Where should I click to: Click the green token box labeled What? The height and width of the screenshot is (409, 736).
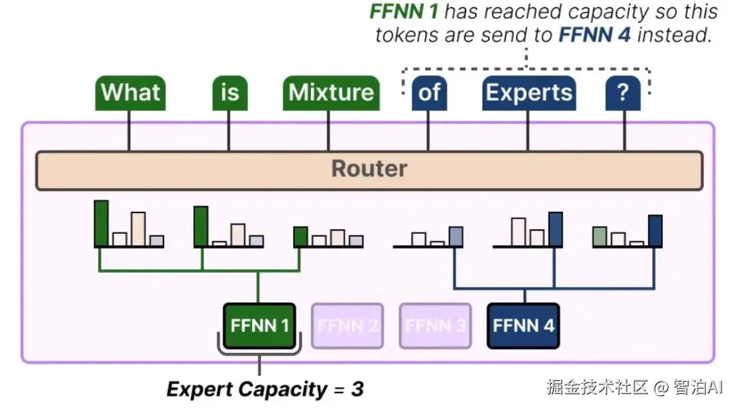coord(131,93)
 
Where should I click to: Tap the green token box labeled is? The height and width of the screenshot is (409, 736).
coord(230,93)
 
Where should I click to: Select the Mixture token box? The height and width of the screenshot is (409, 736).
coord(331,93)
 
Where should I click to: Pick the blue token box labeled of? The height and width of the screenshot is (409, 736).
coord(429,93)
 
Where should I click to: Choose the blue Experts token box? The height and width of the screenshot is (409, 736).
coord(529,93)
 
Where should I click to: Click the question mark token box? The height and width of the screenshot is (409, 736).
coord(623,93)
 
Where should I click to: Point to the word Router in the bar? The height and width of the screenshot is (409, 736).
coord(369,169)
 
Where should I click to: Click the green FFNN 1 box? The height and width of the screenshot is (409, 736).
coord(260,325)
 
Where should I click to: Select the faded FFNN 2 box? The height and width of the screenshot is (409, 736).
coord(347,325)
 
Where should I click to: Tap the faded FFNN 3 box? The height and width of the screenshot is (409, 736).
coord(435,325)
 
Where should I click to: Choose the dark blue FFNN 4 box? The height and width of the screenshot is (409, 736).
coord(523,325)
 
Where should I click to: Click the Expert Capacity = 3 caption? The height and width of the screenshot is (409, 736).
coord(265,389)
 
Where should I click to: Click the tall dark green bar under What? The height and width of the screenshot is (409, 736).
coord(102,223)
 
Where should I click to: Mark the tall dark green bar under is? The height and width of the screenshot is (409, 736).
coord(201,226)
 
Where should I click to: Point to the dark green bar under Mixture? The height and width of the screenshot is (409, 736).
coord(301,236)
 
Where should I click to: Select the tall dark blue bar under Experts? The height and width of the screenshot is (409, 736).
coord(555,229)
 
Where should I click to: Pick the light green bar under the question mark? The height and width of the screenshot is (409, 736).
coord(600,236)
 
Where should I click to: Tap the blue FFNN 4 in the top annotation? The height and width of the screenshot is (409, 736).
coord(594,35)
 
